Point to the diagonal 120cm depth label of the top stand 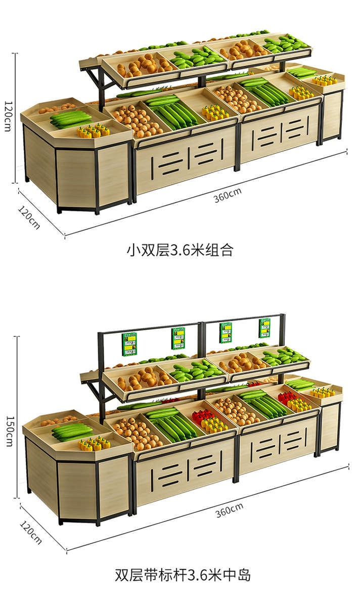tap(29, 216)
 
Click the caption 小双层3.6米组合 tap(179, 249)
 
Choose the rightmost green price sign tap(264, 328)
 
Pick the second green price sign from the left tap(178, 338)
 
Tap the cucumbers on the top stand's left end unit tap(71, 118)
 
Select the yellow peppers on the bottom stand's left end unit tap(95, 443)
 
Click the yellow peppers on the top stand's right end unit tap(324, 80)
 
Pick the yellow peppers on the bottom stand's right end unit tap(324, 392)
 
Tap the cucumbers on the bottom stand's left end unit tap(73, 431)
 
